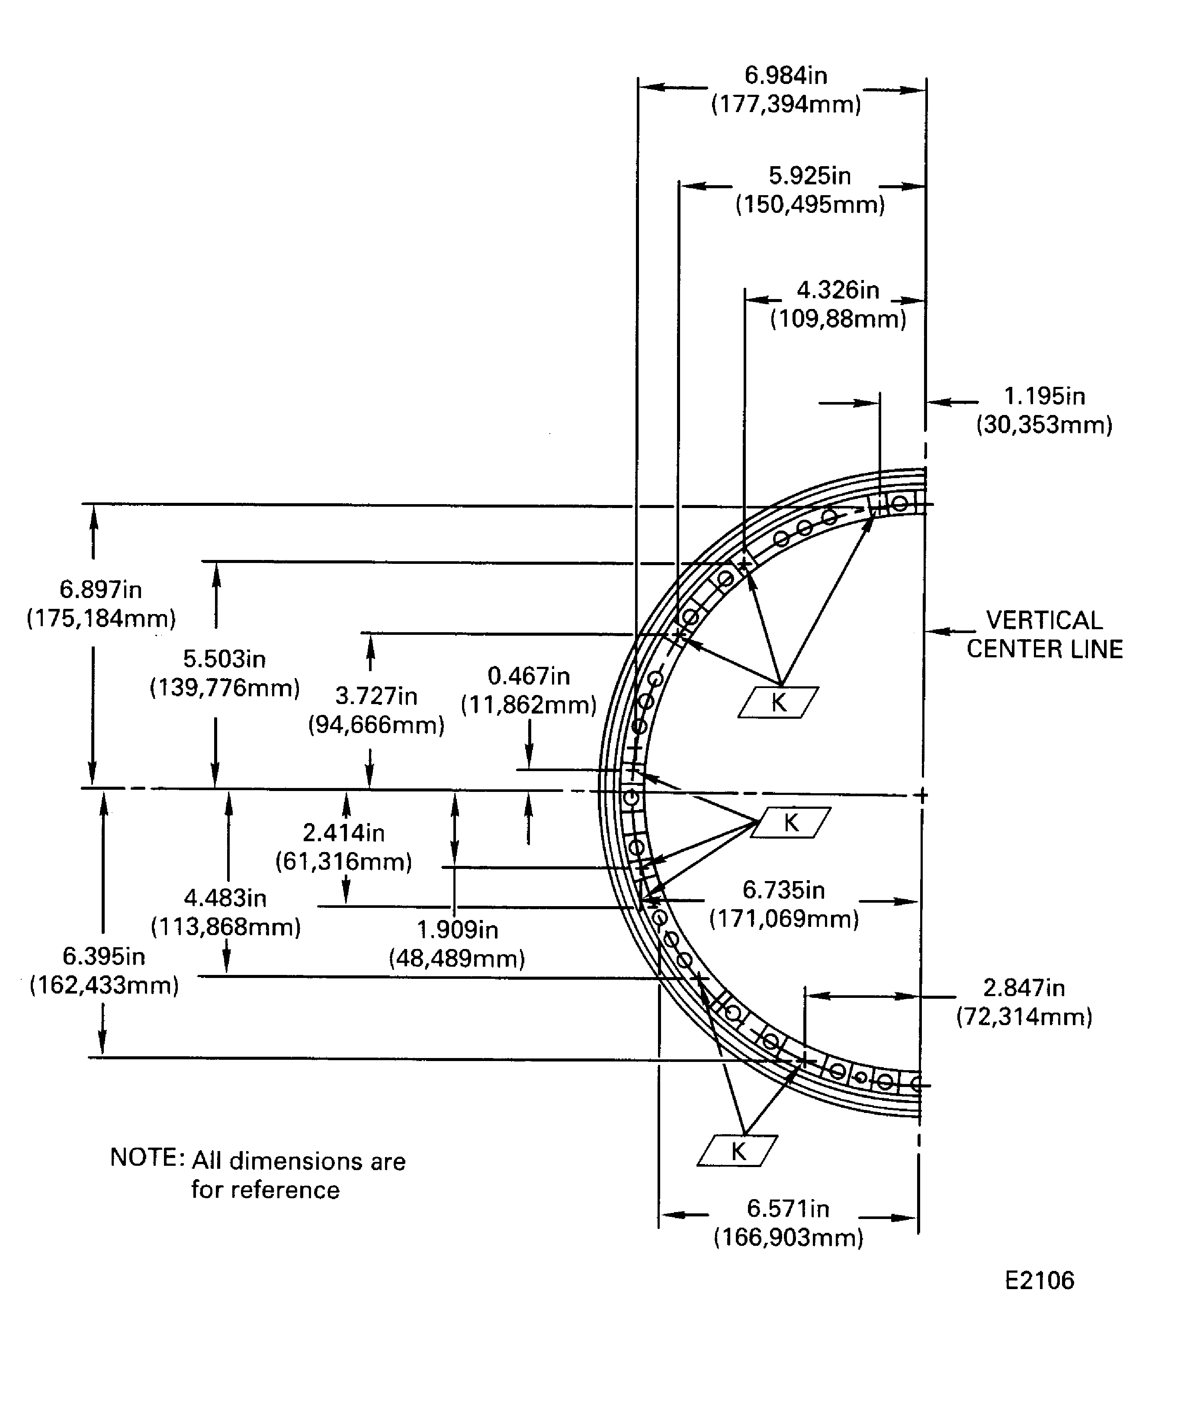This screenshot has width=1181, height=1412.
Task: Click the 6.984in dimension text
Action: coord(785,75)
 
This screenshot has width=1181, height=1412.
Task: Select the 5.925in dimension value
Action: coord(809,176)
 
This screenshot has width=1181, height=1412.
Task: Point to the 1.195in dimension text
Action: coord(1044,397)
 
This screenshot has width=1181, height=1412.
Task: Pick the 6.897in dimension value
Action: coord(101,590)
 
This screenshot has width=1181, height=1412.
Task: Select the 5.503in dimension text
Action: coord(225,659)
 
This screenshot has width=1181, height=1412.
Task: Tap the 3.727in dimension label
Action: coord(376,697)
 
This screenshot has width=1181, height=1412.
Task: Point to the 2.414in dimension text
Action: coord(343,833)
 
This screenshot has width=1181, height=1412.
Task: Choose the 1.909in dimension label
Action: coord(457,930)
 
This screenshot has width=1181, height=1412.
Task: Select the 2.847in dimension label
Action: coord(1024,988)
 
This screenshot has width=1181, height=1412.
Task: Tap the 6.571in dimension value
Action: coord(788,1208)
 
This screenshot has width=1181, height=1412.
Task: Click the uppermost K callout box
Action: coord(778,703)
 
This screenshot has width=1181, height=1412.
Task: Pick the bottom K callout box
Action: coord(738,1151)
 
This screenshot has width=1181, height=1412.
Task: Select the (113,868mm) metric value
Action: coord(226,927)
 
